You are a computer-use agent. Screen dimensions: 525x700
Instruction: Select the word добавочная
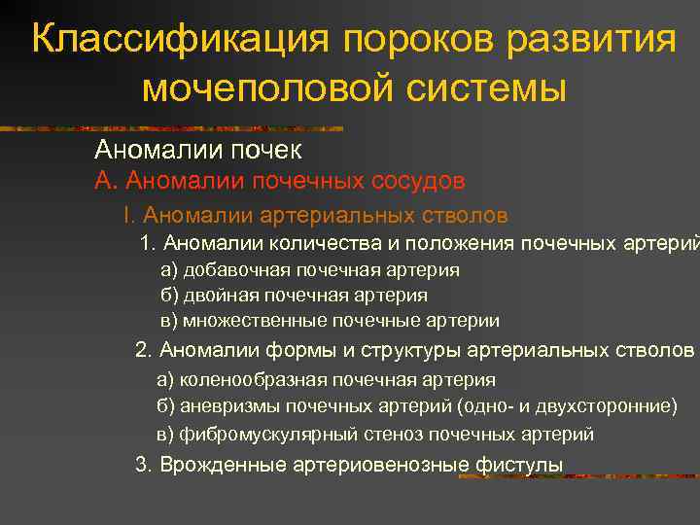click(x=226, y=270)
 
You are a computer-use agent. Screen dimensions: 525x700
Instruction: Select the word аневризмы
click(x=218, y=405)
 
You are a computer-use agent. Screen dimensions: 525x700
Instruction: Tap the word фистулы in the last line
click(x=520, y=465)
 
